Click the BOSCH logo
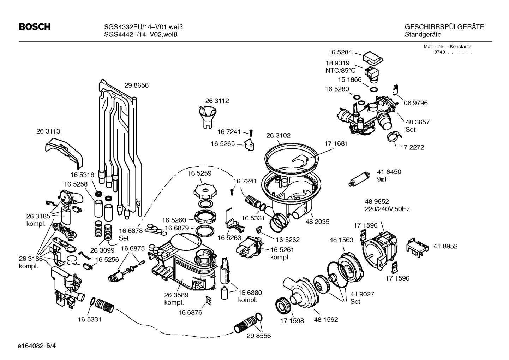(x=35, y=27)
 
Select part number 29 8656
(x=136, y=85)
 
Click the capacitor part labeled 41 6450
(x=359, y=178)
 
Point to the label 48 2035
(x=317, y=222)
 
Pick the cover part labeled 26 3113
(x=65, y=152)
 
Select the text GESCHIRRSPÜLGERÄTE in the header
(x=444, y=27)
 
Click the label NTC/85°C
(x=340, y=70)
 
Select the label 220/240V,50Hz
(x=387, y=209)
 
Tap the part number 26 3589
(x=176, y=295)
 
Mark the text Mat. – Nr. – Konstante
(x=447, y=47)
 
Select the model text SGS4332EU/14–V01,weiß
(x=140, y=27)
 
